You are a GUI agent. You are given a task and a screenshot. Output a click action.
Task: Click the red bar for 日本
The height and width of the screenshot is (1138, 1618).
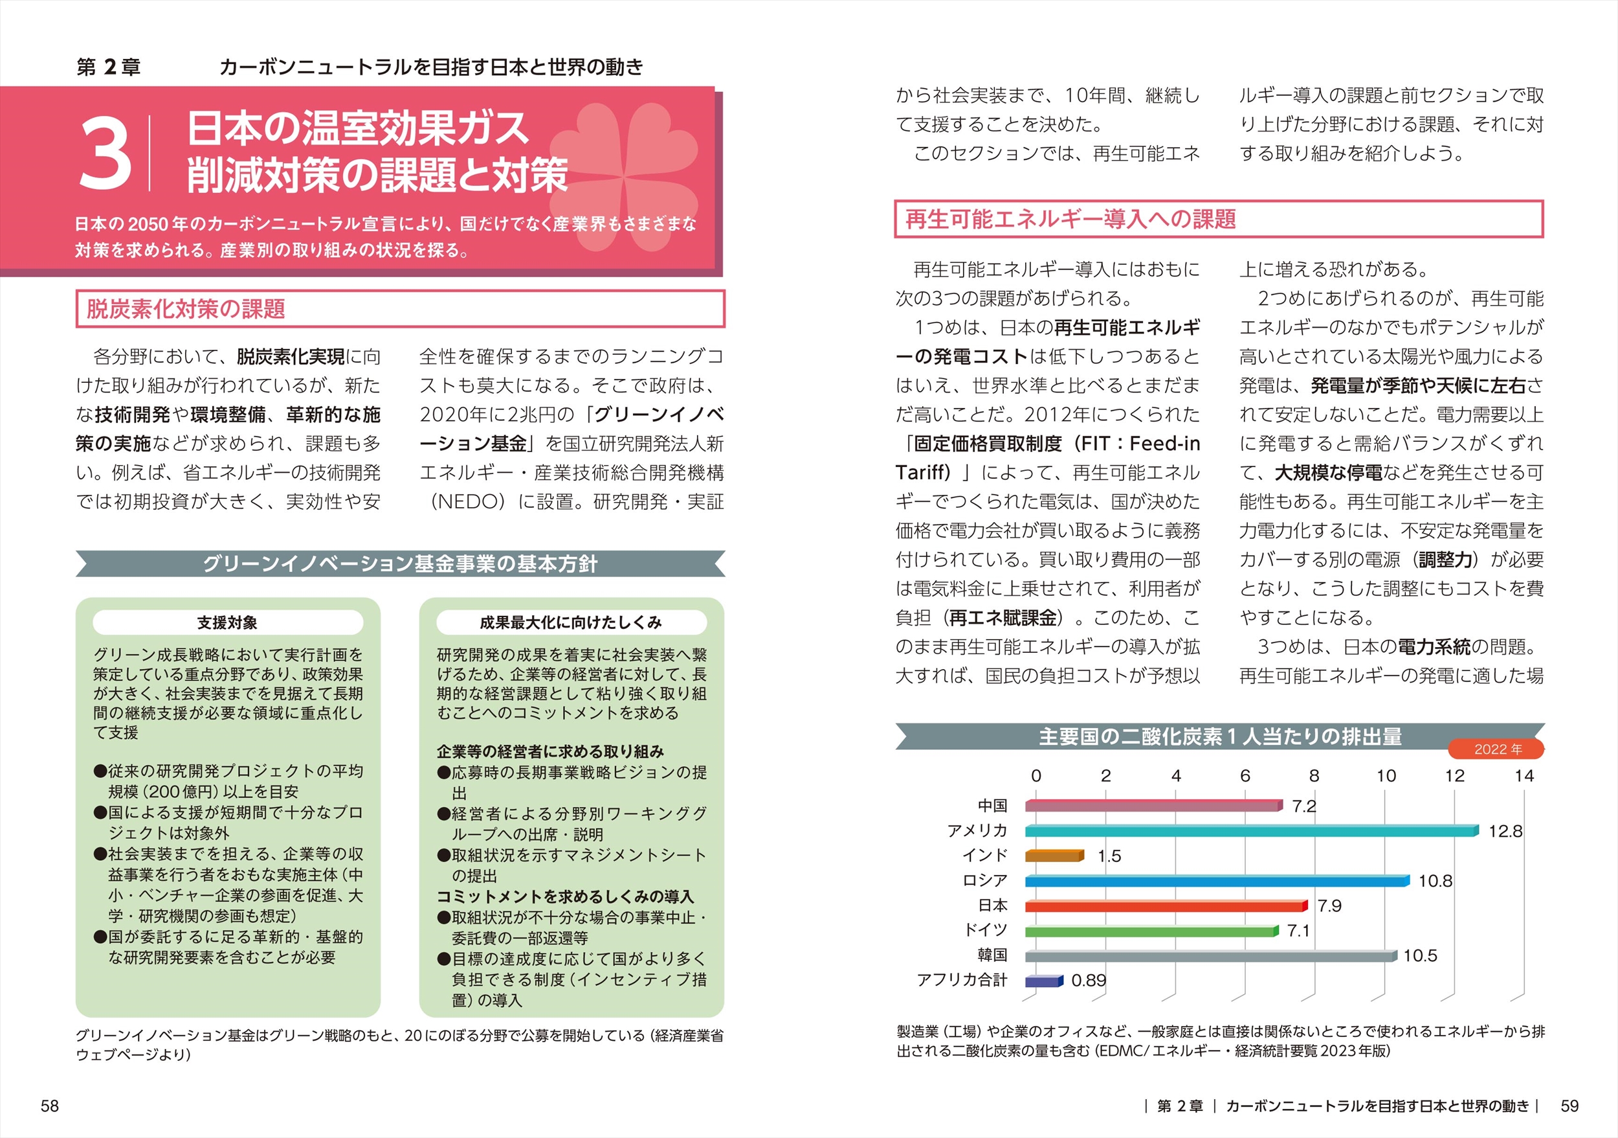pyautogui.click(x=1166, y=906)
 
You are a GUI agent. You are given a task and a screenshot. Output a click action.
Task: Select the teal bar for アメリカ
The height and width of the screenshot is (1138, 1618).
pyautogui.click(x=1251, y=831)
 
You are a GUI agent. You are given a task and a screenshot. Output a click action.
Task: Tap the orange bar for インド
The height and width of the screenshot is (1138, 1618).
pyautogui.click(x=1054, y=856)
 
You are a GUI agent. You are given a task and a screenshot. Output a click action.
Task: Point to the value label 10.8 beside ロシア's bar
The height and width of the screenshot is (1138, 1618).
pyautogui.click(x=1435, y=881)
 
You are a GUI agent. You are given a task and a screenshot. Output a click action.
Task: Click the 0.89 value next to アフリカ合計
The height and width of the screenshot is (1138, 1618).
pyautogui.click(x=1088, y=981)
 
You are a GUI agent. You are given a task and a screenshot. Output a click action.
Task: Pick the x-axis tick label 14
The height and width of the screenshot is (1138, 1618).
pyautogui.click(x=1524, y=777)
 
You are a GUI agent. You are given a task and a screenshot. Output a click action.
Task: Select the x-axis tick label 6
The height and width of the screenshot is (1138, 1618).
pyautogui.click(x=1245, y=777)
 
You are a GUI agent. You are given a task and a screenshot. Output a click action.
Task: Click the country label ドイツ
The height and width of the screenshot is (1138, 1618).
pyautogui.click(x=985, y=931)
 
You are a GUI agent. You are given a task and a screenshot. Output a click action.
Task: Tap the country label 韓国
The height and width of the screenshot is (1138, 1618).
pyautogui.click(x=992, y=955)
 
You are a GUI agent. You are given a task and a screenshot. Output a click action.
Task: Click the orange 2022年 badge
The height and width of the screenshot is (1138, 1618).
pyautogui.click(x=1497, y=749)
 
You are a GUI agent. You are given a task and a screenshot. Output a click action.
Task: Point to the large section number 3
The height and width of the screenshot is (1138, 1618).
pyautogui.click(x=105, y=154)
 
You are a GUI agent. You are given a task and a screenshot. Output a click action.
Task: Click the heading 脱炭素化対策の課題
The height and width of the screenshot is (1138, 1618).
pyautogui.click(x=186, y=309)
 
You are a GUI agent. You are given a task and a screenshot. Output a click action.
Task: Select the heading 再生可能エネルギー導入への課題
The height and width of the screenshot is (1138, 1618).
pyautogui.click(x=1070, y=220)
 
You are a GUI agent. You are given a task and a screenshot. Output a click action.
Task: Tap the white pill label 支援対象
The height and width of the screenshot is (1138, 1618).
pyautogui.click(x=228, y=622)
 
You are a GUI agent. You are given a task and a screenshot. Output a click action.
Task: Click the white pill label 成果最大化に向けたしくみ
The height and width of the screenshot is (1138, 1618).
pyautogui.click(x=571, y=622)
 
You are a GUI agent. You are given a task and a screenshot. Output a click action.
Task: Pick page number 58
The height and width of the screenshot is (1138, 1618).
pyautogui.click(x=50, y=1106)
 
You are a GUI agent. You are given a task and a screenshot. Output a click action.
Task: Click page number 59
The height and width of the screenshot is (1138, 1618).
pyautogui.click(x=1569, y=1106)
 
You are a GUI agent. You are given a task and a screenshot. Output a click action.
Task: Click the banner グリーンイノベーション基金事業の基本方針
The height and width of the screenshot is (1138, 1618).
pyautogui.click(x=399, y=564)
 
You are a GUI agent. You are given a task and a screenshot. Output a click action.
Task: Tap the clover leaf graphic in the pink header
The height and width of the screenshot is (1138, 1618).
pyautogui.click(x=624, y=176)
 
